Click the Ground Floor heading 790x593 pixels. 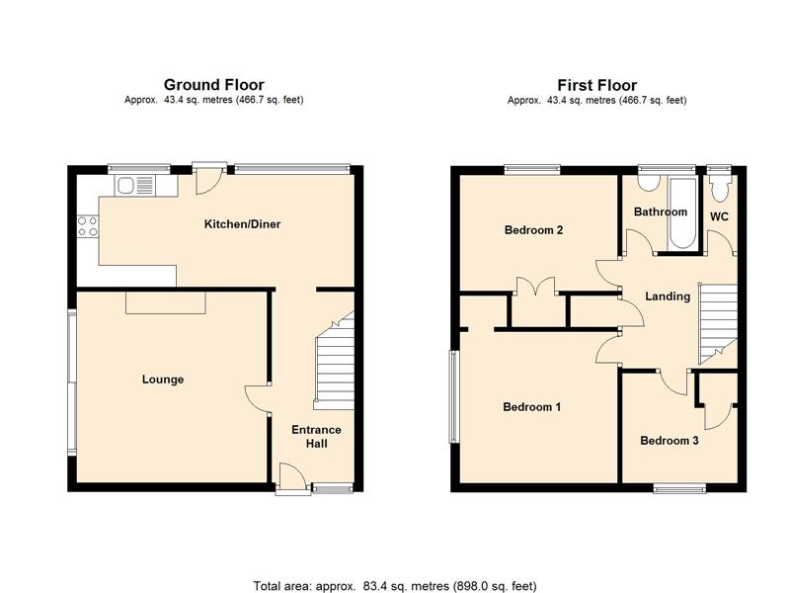click(213, 85)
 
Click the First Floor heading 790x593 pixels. click(597, 85)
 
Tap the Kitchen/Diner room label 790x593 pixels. click(242, 224)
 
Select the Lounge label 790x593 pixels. click(163, 380)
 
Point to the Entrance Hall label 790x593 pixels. click(316, 437)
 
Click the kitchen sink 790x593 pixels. click(135, 186)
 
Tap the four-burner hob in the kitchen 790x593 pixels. click(87, 226)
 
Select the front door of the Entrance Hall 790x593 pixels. click(292, 478)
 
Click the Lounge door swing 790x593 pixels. click(258, 399)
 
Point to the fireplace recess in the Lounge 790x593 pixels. click(166, 302)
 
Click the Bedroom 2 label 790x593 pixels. click(533, 230)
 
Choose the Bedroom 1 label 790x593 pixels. click(532, 406)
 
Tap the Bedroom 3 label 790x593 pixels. click(670, 441)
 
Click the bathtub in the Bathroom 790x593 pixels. click(682, 212)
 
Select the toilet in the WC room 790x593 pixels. click(719, 189)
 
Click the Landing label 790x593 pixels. click(668, 296)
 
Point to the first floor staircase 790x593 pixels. click(718, 323)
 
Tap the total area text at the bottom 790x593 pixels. click(395, 586)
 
